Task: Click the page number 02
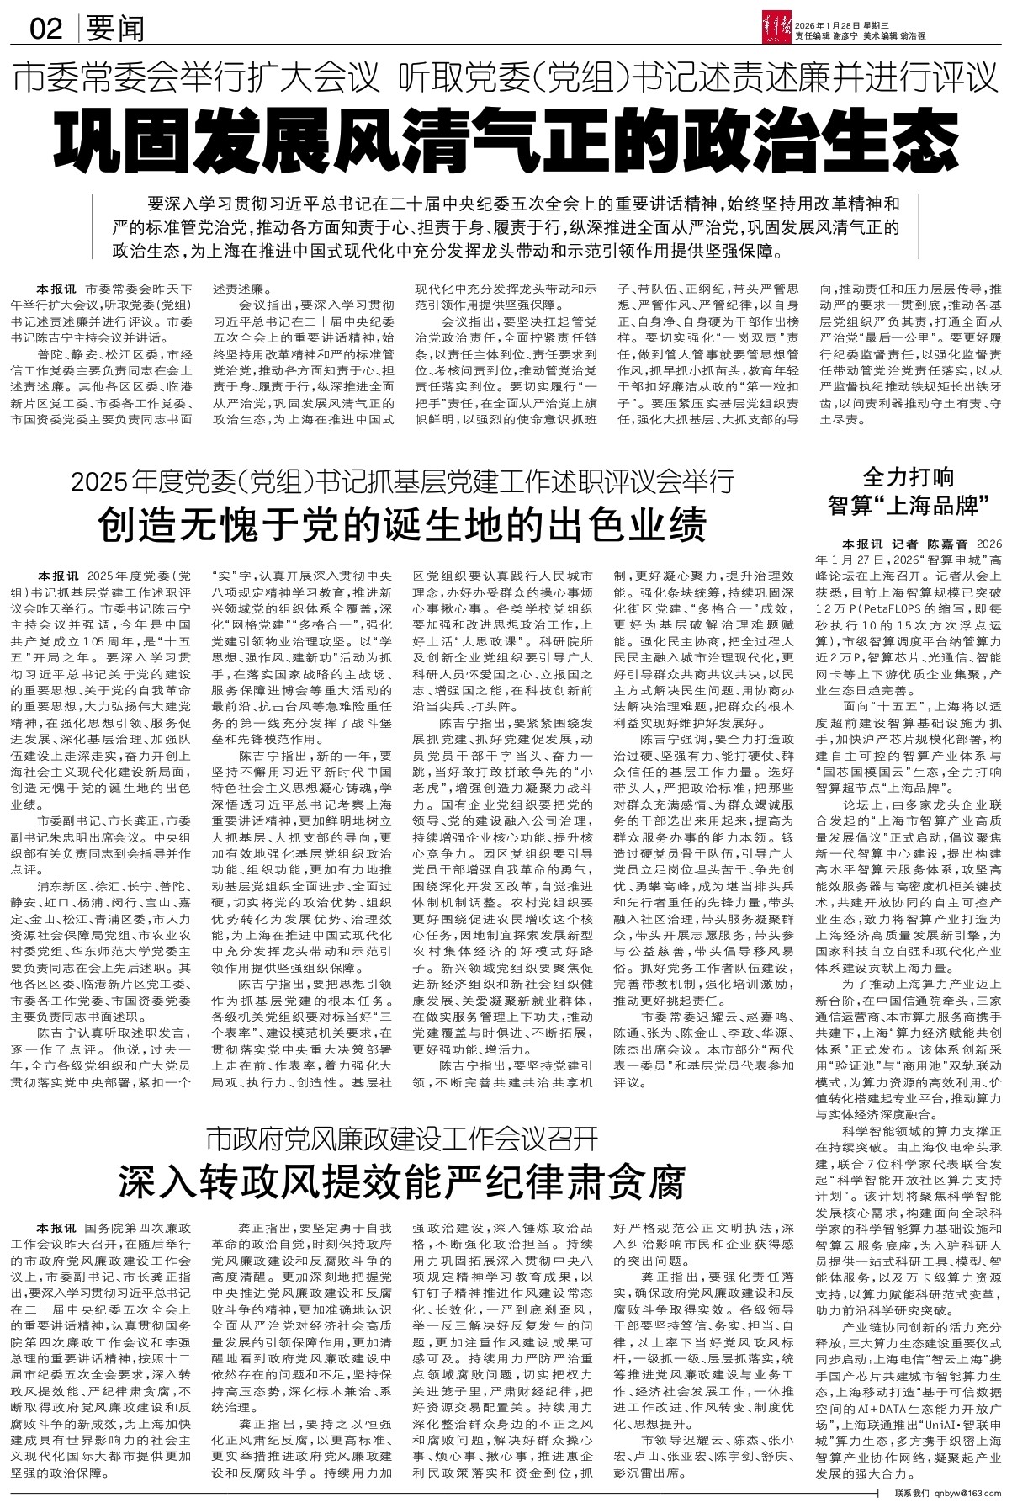click(x=46, y=30)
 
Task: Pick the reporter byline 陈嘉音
click(x=947, y=544)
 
